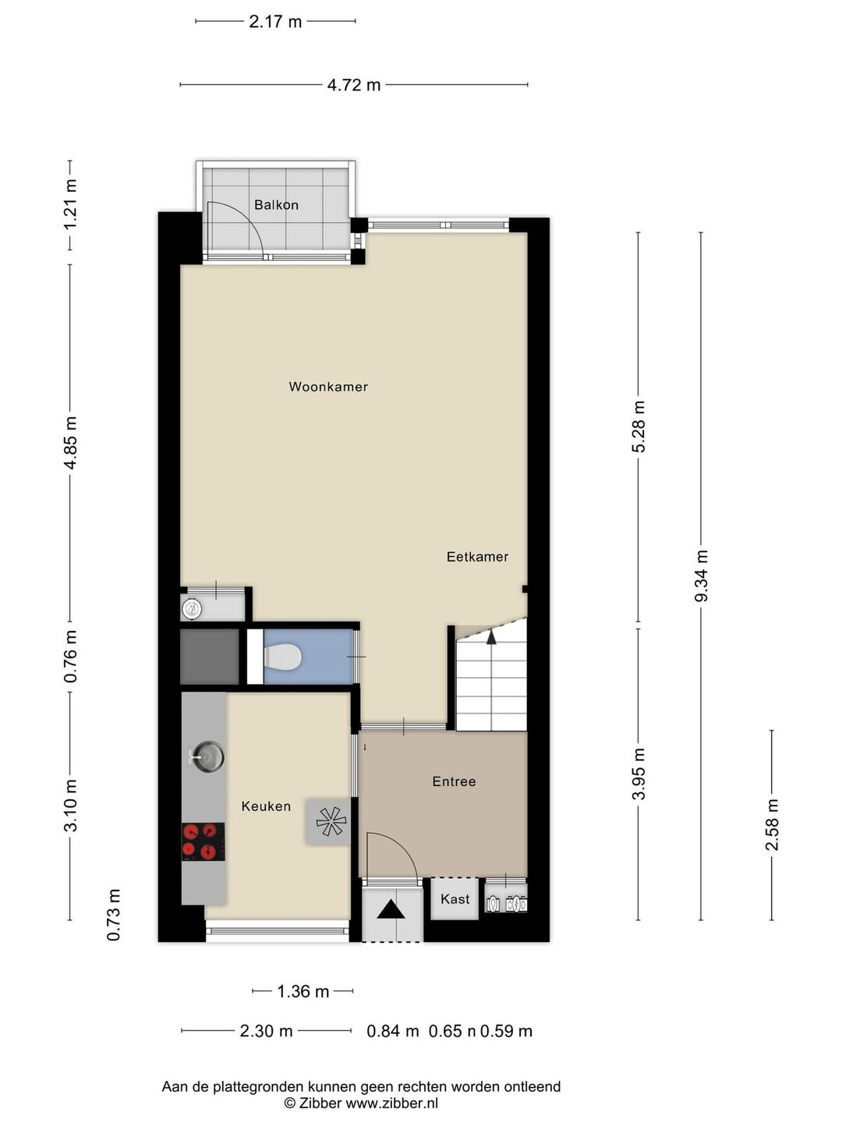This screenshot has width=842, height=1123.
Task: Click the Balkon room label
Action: tap(276, 204)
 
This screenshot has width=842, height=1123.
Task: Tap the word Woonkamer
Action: tap(328, 386)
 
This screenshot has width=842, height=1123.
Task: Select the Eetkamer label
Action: tap(477, 557)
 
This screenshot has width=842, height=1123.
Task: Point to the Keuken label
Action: tap(266, 806)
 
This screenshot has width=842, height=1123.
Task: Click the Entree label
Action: tap(454, 781)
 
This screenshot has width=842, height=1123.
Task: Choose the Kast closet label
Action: tap(455, 899)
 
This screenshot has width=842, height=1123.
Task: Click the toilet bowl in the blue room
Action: tap(283, 657)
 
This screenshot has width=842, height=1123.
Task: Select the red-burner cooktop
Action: tap(203, 841)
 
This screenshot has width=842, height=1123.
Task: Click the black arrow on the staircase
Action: tap(491, 637)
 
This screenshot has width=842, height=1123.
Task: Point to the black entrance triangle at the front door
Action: tap(392, 909)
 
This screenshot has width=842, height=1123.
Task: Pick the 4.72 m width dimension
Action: tap(354, 85)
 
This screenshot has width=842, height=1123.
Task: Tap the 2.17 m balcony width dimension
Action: tap(275, 22)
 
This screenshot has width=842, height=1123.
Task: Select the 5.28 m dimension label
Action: tap(639, 427)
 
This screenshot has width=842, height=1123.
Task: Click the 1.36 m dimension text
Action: tap(302, 991)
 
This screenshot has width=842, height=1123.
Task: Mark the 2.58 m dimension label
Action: tap(772, 825)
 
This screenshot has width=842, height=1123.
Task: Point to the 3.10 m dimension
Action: tap(70, 806)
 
